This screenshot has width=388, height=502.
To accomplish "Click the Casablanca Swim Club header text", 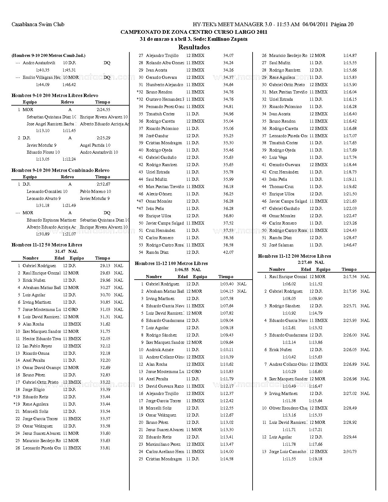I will point(38,24).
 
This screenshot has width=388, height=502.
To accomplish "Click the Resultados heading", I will point(194,47).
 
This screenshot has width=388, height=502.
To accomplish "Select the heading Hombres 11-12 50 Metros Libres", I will point(47,245).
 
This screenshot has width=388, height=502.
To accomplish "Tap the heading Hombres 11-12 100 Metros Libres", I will point(171,263).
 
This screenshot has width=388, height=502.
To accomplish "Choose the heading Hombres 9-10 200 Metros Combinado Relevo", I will point(60,170).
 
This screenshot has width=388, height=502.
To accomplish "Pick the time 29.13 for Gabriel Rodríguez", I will point(105,266).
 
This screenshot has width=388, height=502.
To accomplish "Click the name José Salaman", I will point(281,245).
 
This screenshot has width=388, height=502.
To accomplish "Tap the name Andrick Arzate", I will point(159,350).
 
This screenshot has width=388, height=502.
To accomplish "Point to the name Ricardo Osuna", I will point(36,353).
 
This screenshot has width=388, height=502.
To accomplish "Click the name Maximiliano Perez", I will point(163,444).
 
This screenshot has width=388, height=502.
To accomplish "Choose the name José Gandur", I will point(157,136).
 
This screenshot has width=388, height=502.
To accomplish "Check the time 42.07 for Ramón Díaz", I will point(228,252).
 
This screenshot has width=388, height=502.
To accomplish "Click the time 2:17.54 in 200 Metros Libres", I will point(350,277).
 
